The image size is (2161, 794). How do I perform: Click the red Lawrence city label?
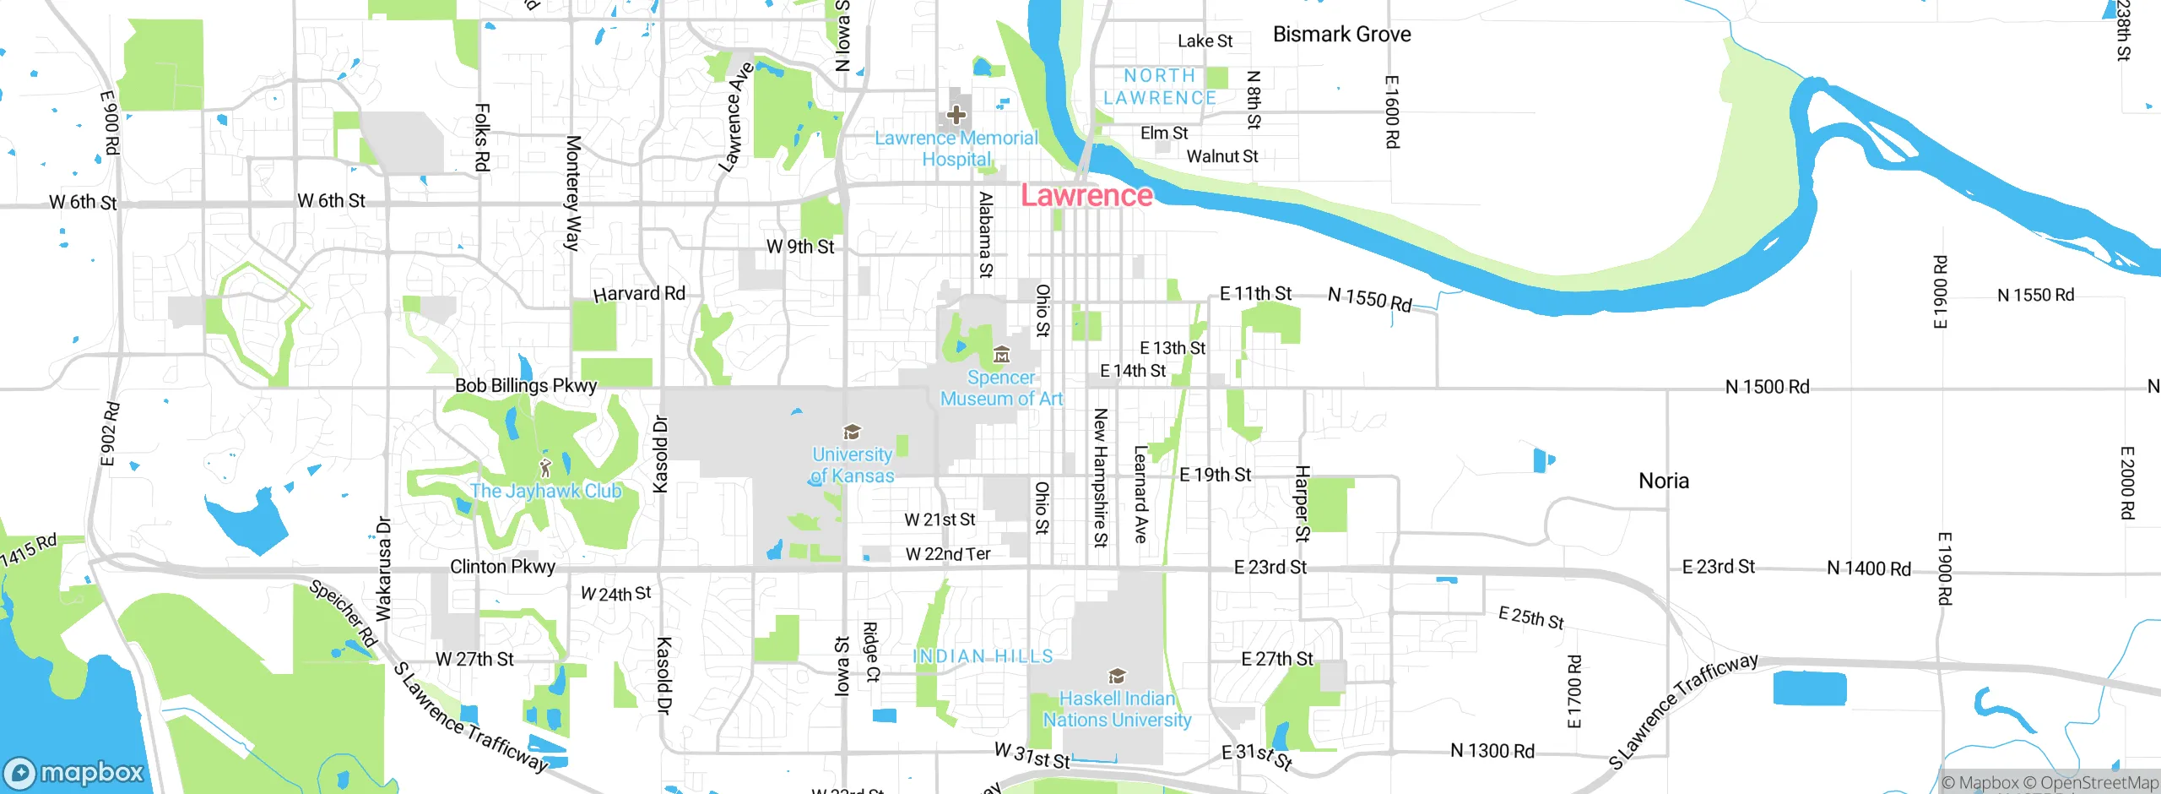click(x=1086, y=195)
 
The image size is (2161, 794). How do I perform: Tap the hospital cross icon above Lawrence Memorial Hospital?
click(x=956, y=114)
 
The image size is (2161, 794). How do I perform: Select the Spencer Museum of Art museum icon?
click(x=1001, y=354)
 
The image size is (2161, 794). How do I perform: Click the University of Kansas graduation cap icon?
click(x=852, y=432)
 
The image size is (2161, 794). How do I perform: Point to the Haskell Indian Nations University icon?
click(x=1117, y=676)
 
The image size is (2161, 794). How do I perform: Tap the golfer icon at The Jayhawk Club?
click(x=545, y=467)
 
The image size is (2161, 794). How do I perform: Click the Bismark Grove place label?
click(x=1341, y=35)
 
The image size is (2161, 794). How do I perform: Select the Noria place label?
click(x=1663, y=481)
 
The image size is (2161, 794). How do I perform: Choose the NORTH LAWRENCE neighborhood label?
click(x=1160, y=87)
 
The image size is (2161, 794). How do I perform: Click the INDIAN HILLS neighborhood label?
click(x=983, y=656)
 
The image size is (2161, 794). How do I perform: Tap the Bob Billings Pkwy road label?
click(x=526, y=386)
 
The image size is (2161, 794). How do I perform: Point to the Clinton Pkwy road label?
click(x=502, y=567)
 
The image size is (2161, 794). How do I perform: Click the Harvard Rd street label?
click(x=639, y=294)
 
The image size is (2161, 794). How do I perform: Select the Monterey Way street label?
click(x=573, y=193)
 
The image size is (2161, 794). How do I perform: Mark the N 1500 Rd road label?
click(x=1767, y=387)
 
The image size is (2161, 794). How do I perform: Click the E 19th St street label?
click(x=1215, y=475)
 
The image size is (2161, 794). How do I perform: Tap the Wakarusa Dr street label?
click(x=383, y=568)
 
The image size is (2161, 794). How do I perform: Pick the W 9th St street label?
click(x=799, y=247)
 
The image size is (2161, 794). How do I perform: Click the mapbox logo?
click(x=74, y=773)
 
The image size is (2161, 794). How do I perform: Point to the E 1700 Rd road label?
click(x=1574, y=691)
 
